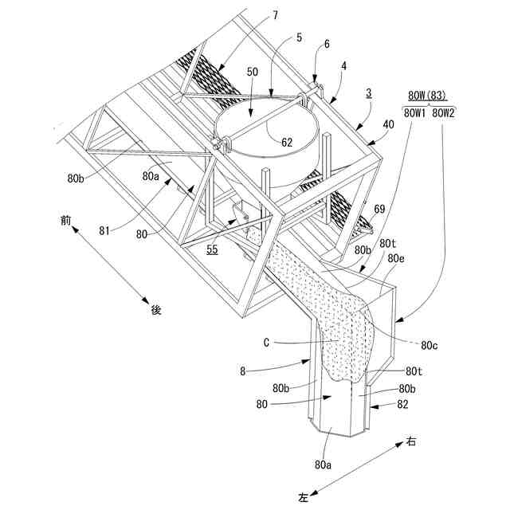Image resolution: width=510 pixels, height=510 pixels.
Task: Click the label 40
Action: coord(388,124)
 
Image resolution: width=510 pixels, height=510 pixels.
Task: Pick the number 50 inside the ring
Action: coord(253,71)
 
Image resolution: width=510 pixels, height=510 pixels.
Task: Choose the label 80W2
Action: coord(443,113)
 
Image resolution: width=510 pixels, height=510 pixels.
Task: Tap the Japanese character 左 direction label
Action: coord(304,496)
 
